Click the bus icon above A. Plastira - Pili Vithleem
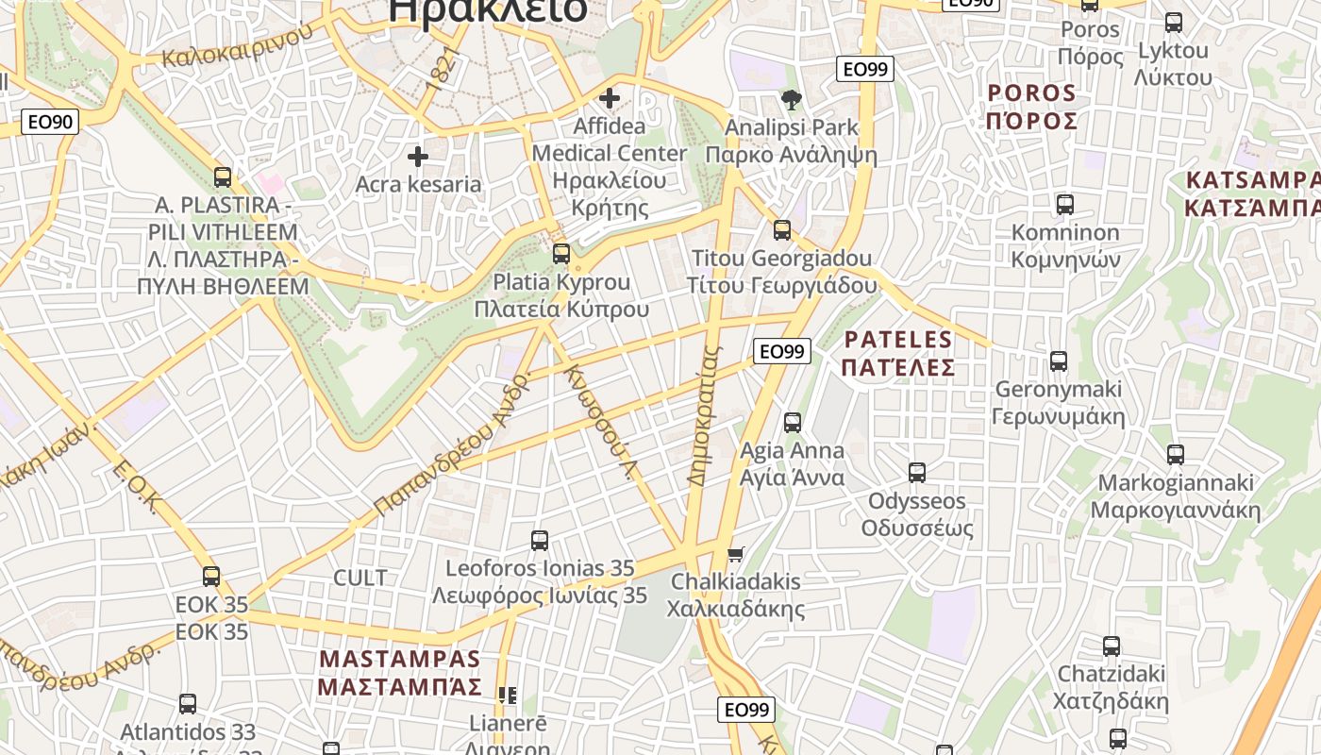[x=223, y=176]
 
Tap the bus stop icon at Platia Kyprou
[x=561, y=253]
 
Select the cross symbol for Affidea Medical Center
[x=610, y=97]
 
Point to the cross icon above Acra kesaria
[x=418, y=156]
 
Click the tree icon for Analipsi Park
[x=792, y=99]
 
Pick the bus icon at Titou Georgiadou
[x=782, y=229]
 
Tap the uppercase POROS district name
[x=1031, y=93]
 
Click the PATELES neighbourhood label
[x=898, y=340]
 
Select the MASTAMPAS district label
[x=400, y=659]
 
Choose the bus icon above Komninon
[x=1065, y=204]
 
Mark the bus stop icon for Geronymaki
[x=1059, y=361]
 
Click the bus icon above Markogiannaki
[x=1176, y=454]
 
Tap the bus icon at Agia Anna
[x=793, y=422]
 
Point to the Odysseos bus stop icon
[x=917, y=472]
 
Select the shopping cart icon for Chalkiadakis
[x=736, y=553]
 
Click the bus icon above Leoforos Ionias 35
[x=540, y=540]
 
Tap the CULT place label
[x=360, y=578]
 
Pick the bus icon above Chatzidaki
[x=1112, y=646]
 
